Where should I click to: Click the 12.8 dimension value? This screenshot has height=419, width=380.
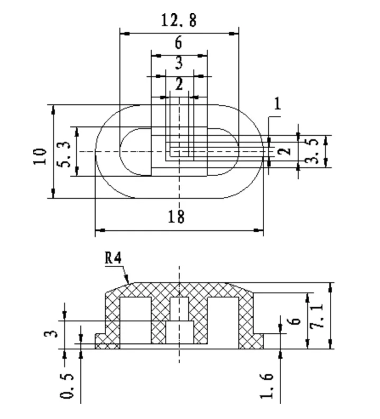click(x=179, y=20)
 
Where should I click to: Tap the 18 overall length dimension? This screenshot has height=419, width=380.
click(x=176, y=216)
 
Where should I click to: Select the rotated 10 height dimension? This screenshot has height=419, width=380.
click(x=40, y=157)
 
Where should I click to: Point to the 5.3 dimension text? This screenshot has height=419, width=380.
click(x=64, y=154)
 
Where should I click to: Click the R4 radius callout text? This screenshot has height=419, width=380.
click(x=113, y=258)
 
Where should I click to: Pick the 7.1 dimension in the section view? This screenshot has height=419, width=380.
click(x=317, y=316)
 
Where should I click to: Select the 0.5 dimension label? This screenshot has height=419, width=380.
click(x=66, y=386)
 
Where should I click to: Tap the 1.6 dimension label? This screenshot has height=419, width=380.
click(x=267, y=386)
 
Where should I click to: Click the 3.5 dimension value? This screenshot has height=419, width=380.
click(x=312, y=151)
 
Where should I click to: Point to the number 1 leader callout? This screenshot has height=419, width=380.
click(x=277, y=104)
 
